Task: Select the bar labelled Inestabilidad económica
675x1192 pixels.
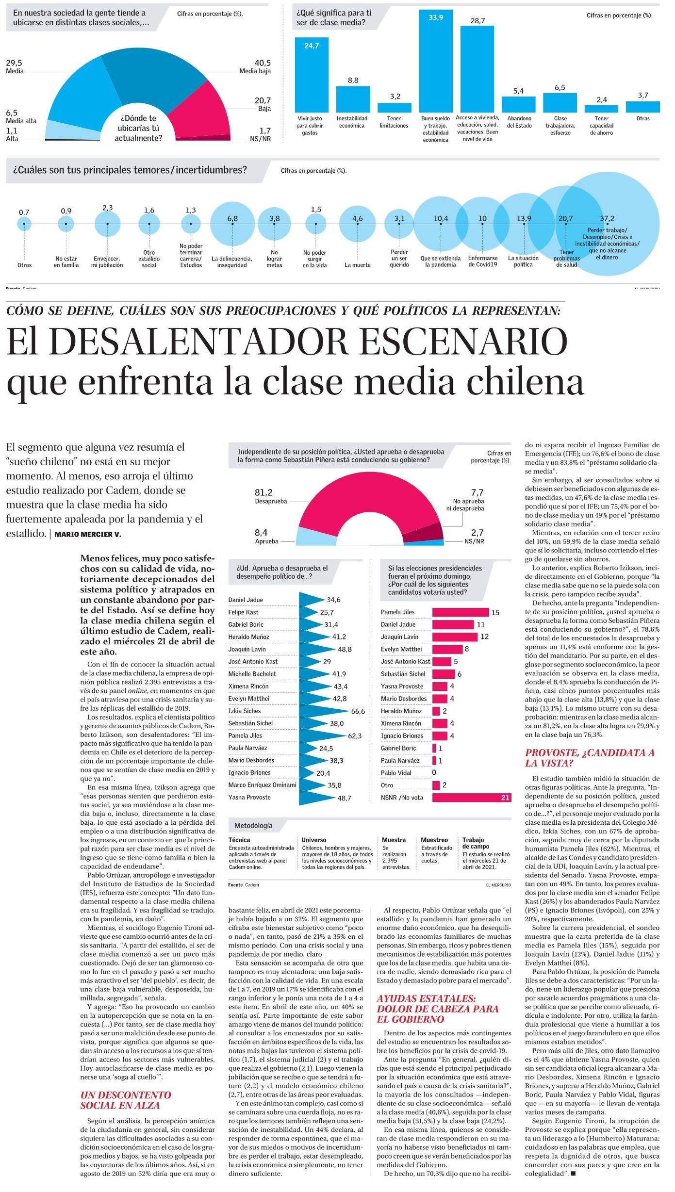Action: (353, 99)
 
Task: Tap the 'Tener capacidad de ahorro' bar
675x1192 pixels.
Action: (601, 109)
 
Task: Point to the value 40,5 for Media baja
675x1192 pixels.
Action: (263, 63)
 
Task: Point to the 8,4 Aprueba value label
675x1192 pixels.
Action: (261, 533)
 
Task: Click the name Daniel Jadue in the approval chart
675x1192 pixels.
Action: (246, 600)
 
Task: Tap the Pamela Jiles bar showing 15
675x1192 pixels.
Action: (460, 612)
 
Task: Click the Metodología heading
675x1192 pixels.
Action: (253, 825)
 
